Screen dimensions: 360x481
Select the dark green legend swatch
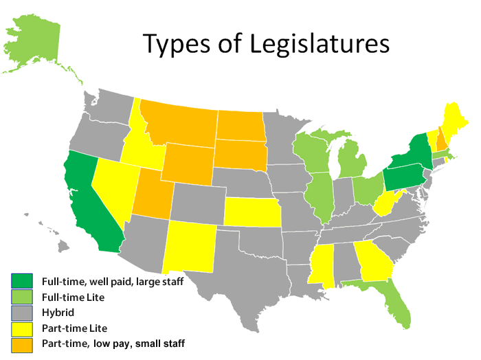(19, 281)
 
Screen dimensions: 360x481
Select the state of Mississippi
(323, 264)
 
